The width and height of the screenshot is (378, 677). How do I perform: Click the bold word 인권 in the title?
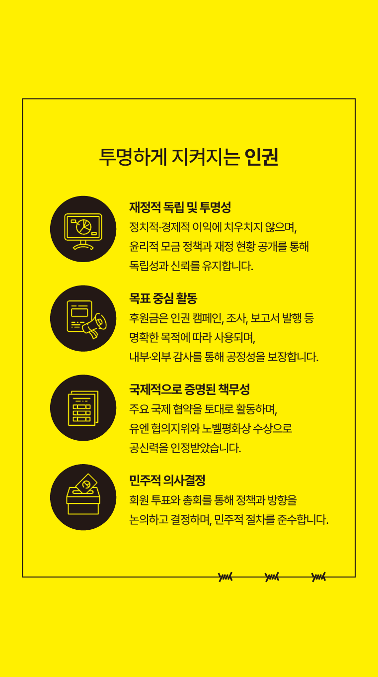261,157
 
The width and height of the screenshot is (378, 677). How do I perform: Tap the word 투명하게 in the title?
133,157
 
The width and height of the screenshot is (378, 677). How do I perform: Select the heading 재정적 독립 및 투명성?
180,207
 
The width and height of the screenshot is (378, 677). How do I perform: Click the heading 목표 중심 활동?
163,298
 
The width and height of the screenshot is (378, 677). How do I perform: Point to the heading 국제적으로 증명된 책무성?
189,389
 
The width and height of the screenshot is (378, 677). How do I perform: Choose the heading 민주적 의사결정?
167,480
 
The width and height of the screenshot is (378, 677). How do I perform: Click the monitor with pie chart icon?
83,231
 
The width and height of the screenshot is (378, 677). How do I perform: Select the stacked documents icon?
83,408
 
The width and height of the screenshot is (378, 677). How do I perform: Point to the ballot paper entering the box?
86,483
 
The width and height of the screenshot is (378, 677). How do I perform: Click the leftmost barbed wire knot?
225,577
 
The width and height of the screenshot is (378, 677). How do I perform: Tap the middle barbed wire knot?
272,577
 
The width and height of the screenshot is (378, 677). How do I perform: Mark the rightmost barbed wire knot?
318,577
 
